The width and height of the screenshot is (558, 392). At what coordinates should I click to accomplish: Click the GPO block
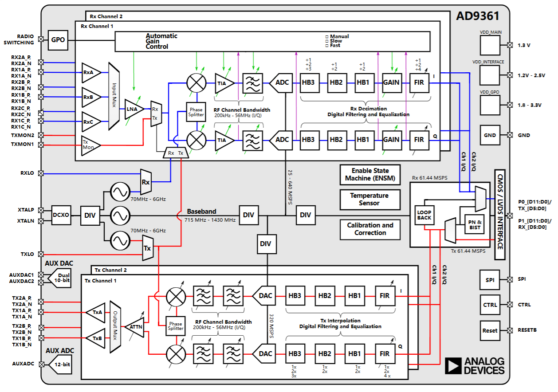(x=58, y=39)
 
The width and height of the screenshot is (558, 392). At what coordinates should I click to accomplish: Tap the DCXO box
(x=61, y=215)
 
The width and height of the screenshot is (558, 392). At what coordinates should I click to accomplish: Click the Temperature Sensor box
(x=369, y=199)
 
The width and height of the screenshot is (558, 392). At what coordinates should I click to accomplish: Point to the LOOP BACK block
(x=424, y=215)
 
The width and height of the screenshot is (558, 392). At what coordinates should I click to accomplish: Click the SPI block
(x=490, y=280)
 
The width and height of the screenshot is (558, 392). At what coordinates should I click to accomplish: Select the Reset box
(x=490, y=330)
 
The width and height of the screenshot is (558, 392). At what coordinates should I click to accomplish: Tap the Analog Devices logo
(x=475, y=365)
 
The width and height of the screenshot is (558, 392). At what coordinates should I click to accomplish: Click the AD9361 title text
(x=478, y=16)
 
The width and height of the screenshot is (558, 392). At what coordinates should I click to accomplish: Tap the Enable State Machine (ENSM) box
(x=369, y=174)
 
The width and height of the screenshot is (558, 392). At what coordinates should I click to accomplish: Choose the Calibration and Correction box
(x=369, y=229)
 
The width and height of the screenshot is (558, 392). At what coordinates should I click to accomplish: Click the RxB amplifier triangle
(x=90, y=97)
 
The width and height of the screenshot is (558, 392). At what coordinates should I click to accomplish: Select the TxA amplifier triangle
(x=96, y=313)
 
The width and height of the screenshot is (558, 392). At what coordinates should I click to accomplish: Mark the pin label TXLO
(x=27, y=254)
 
